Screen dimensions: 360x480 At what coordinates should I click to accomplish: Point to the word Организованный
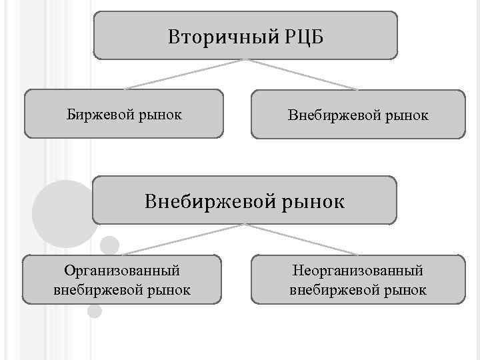click(x=122, y=271)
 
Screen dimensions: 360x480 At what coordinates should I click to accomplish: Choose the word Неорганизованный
click(x=358, y=271)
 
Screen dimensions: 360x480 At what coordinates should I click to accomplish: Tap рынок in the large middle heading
click(x=311, y=201)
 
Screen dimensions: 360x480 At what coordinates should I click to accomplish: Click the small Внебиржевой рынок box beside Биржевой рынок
click(x=358, y=115)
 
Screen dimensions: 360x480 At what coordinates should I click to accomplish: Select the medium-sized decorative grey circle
click(x=109, y=245)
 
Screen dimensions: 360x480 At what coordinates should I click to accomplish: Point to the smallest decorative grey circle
click(x=95, y=311)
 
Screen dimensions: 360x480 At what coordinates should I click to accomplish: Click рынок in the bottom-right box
click(x=408, y=291)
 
